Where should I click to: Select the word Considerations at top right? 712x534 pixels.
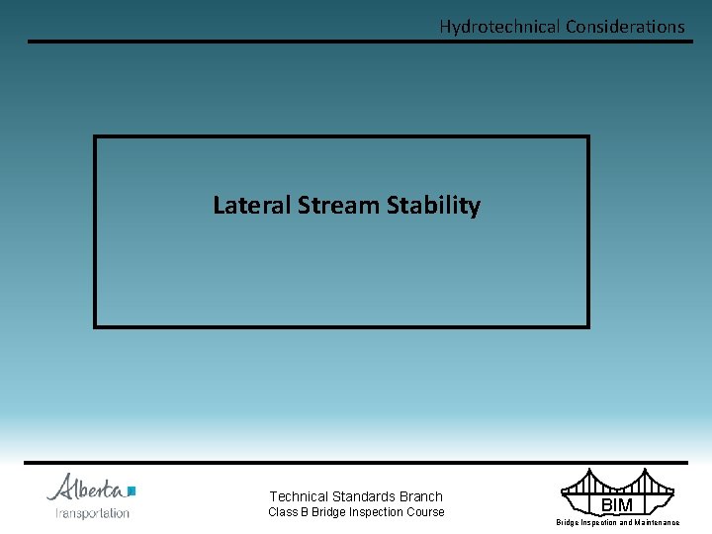click(x=625, y=27)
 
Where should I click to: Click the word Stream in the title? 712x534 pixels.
click(x=339, y=206)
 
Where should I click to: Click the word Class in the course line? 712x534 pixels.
click(x=283, y=512)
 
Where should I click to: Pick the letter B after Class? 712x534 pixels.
click(x=305, y=512)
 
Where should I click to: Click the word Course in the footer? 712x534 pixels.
click(x=425, y=512)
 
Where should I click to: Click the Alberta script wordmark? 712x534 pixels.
click(x=86, y=489)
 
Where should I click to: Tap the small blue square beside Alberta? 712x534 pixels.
click(x=132, y=490)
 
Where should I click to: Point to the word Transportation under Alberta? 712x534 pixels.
click(x=92, y=513)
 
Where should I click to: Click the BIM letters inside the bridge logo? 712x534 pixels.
click(x=617, y=505)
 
